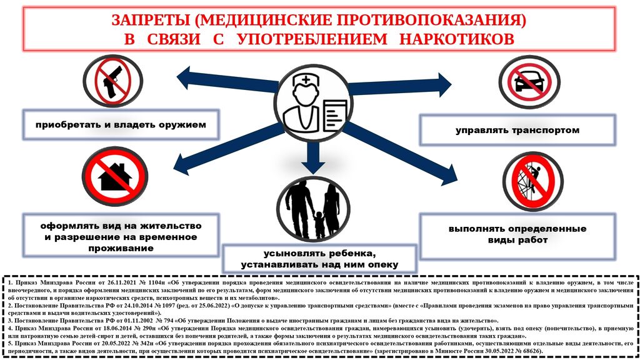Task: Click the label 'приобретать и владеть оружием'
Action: pos(121,124)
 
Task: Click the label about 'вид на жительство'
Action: pos(121,236)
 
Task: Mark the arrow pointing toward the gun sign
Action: pos(219,80)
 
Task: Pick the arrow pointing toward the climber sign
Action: pos(406,150)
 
